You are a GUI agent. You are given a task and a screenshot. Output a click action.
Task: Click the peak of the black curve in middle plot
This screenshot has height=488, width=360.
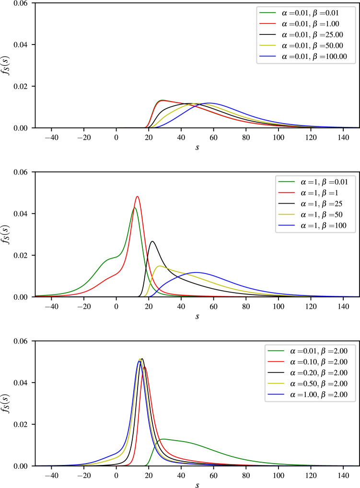tap(152, 241)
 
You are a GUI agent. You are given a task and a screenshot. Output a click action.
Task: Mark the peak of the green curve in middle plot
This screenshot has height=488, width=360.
tap(135, 208)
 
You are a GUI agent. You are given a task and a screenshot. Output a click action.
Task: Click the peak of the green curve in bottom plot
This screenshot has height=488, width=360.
tap(163, 439)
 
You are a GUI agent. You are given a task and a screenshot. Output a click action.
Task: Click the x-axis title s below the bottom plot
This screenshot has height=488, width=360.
tap(197, 484)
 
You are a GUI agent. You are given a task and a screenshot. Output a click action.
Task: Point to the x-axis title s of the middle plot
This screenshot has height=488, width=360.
tap(197, 315)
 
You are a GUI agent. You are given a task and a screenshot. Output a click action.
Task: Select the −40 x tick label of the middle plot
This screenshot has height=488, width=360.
tap(51, 305)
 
